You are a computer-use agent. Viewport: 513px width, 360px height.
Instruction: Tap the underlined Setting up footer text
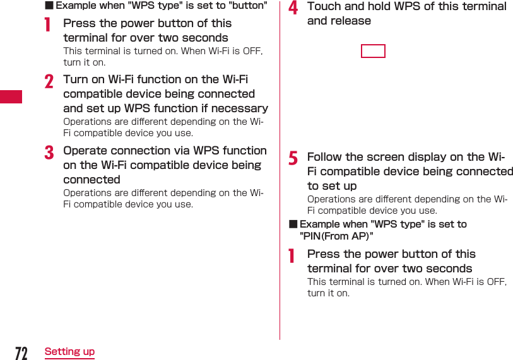pyautogui.click(x=69, y=352)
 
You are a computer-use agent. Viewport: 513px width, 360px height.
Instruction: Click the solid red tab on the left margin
pyautogui.click(x=11, y=96)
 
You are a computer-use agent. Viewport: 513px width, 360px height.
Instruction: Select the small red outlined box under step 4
pyautogui.click(x=373, y=51)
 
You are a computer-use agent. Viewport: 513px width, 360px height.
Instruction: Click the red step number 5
pyautogui.click(x=293, y=158)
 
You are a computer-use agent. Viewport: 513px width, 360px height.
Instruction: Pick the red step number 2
pyautogui.click(x=49, y=81)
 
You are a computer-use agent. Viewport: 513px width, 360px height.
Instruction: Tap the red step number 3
pyautogui.click(x=49, y=152)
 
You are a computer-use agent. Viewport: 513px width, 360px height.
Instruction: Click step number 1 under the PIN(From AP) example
pyautogui.click(x=292, y=255)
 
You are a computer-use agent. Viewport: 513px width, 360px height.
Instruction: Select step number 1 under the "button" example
pyautogui.click(x=47, y=25)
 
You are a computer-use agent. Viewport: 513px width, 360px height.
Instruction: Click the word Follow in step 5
pyautogui.click(x=324, y=157)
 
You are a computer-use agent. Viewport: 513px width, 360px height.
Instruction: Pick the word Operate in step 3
pyautogui.click(x=85, y=151)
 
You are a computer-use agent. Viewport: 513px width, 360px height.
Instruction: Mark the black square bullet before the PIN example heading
pyautogui.click(x=293, y=224)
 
